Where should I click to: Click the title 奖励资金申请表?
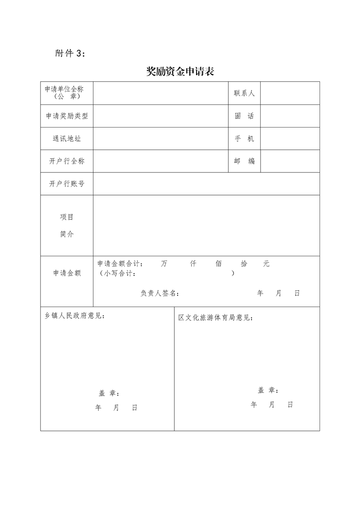180,72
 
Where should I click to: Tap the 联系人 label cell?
244,93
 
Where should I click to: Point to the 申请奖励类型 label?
67,116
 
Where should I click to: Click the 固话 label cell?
244,116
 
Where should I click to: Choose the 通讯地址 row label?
67,138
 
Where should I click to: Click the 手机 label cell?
244,138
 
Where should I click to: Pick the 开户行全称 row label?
67,161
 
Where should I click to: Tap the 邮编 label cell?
244,161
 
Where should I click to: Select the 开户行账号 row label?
67,184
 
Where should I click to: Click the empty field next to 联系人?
290,93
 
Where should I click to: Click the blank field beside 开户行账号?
206,184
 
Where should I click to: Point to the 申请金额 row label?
67,273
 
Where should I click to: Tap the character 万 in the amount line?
164,264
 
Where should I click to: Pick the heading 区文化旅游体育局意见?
216,318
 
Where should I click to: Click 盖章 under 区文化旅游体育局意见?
268,390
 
